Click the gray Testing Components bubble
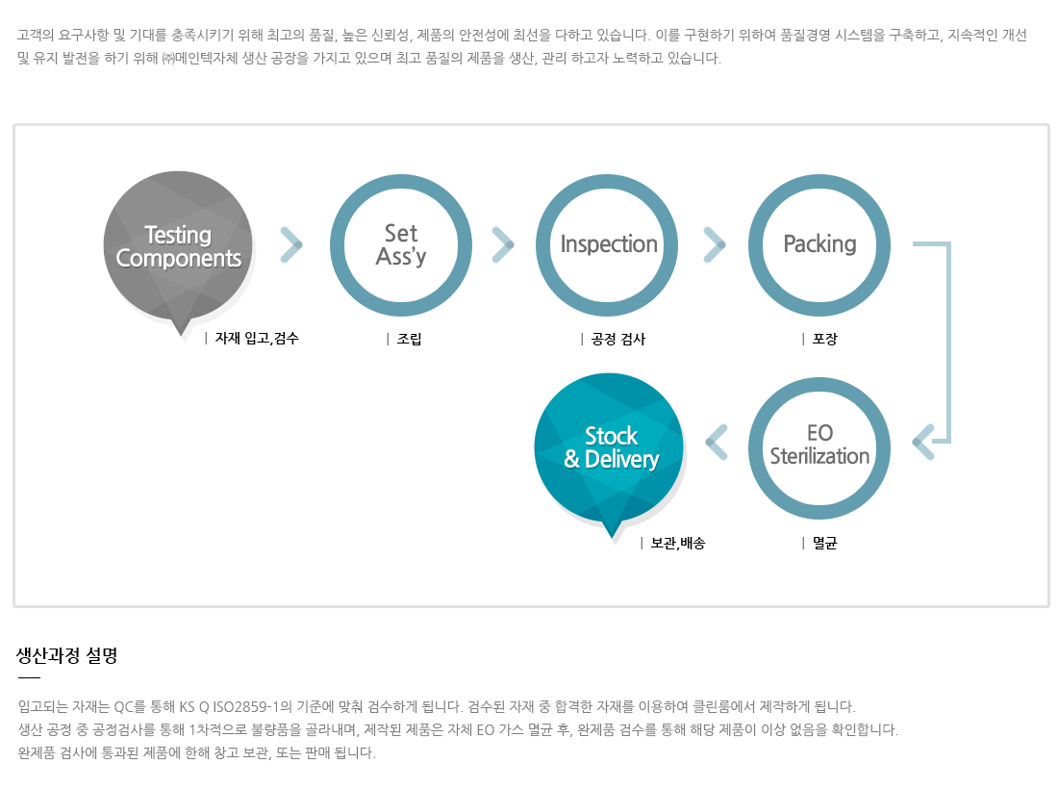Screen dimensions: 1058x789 [178, 246]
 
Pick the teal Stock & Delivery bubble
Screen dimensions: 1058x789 [609, 448]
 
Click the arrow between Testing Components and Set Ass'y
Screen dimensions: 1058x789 [291, 245]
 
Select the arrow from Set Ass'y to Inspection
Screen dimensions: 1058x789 [503, 245]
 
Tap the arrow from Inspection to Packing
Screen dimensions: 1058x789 [715, 245]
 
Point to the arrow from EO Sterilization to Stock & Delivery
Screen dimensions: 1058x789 [717, 442]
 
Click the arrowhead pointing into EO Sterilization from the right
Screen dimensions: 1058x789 [923, 442]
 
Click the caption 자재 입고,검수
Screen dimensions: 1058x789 [257, 338]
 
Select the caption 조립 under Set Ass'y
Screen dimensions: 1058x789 [409, 339]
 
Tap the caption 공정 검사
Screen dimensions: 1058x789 [618, 339]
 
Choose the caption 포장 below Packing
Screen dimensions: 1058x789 [824, 339]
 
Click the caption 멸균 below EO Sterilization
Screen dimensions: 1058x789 [824, 543]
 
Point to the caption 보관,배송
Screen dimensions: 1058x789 [677, 543]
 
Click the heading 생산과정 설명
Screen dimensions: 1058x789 [66, 655]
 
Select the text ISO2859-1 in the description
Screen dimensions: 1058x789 [245, 706]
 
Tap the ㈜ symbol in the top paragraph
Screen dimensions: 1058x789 [168, 59]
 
